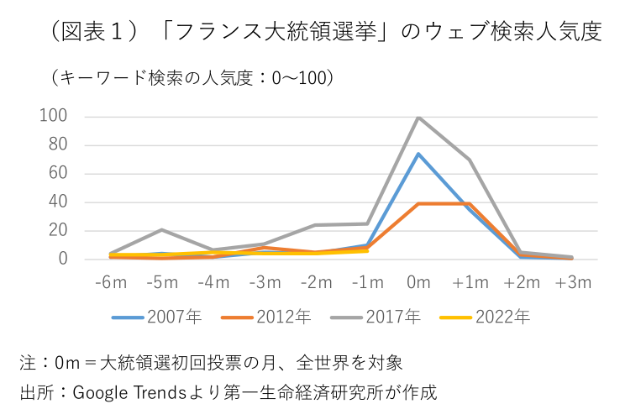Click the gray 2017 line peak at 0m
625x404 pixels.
[x=418, y=117]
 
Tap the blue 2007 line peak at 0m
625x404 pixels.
[x=418, y=154]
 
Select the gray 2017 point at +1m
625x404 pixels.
[x=470, y=160]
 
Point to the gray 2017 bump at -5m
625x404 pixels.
[x=161, y=229]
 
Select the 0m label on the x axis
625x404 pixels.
[x=418, y=282]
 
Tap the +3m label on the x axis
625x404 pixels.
[x=573, y=282]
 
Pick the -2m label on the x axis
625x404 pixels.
[x=315, y=282]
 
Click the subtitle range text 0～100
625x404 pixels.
[x=295, y=78]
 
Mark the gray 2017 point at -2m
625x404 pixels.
[x=315, y=225]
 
